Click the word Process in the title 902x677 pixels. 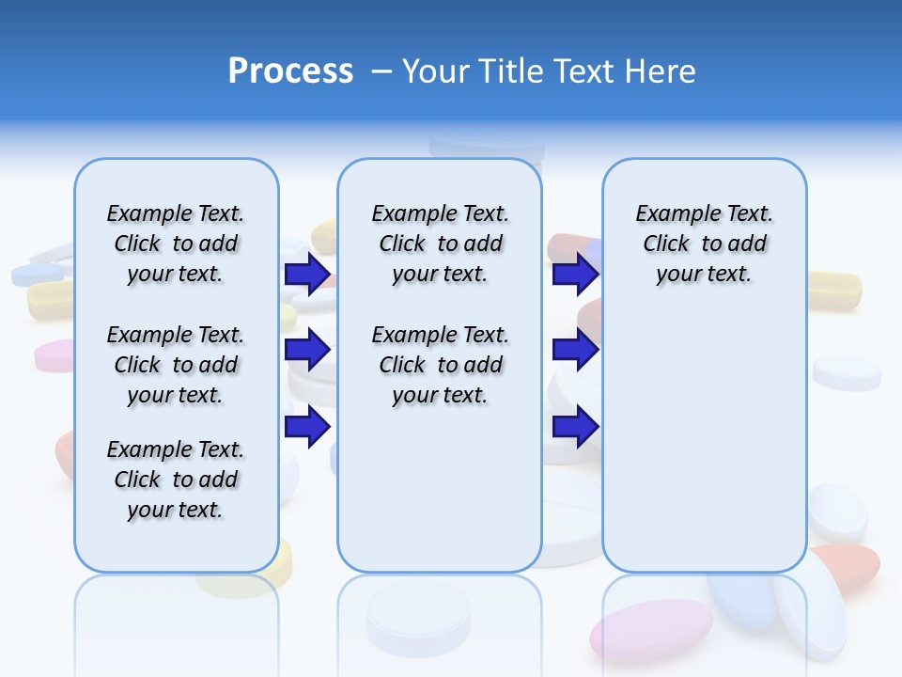tap(290, 71)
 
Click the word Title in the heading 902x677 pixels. tap(512, 71)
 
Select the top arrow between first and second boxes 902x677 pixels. tap(307, 275)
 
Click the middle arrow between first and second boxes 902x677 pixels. tap(307, 350)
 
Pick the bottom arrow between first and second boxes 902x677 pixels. tap(307, 426)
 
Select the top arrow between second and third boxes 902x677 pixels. tap(575, 275)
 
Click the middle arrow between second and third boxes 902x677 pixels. tap(575, 350)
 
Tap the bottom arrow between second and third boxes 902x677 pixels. tap(575, 426)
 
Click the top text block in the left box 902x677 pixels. tap(176, 244)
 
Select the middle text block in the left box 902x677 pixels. tap(176, 365)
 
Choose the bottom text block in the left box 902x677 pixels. tap(176, 480)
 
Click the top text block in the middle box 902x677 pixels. tap(440, 244)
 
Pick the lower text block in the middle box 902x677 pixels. tap(440, 365)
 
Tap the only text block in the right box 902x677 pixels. tap(704, 244)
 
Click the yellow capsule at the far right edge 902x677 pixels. tap(834, 289)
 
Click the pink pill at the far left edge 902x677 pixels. tap(54, 355)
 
